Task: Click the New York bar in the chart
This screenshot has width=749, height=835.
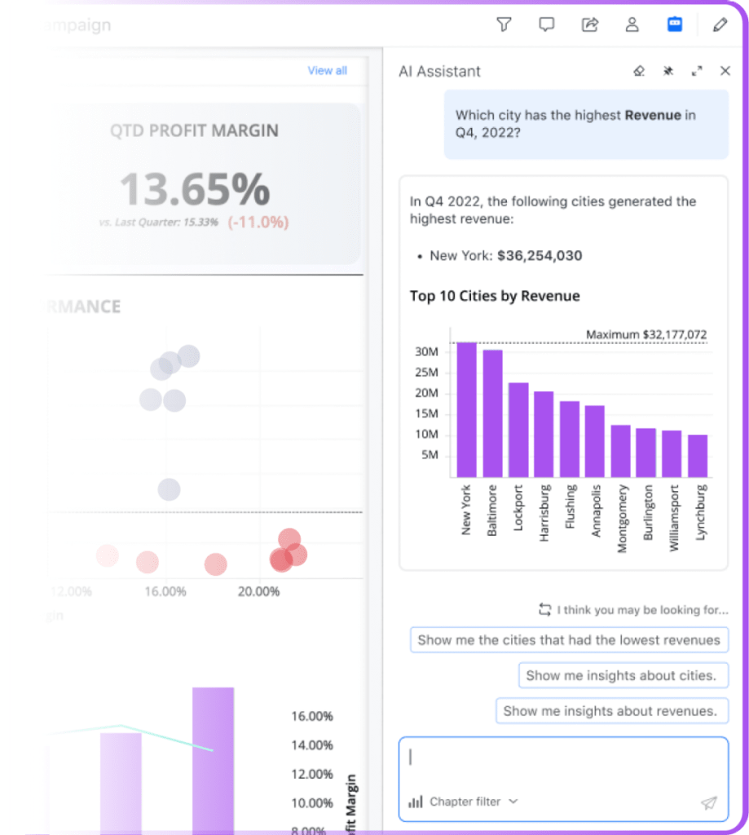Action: [x=467, y=409]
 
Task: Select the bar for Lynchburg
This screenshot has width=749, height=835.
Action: [x=698, y=456]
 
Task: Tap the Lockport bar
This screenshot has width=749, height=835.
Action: [x=518, y=430]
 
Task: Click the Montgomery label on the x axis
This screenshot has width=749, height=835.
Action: [x=623, y=519]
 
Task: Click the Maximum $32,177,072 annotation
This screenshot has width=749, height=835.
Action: [x=646, y=334]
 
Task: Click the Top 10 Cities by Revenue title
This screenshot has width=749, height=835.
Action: [x=495, y=296]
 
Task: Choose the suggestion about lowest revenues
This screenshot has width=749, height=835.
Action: [x=569, y=640]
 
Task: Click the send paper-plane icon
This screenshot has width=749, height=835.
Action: [x=708, y=803]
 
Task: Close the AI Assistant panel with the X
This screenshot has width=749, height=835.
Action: [x=725, y=71]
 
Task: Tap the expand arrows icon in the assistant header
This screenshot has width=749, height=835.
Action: [x=697, y=71]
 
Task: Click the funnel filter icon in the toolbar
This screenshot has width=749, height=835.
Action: [x=504, y=24]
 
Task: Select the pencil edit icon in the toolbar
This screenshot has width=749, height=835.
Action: [x=720, y=24]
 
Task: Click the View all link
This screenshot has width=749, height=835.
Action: [x=327, y=71]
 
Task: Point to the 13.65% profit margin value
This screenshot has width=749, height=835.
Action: [x=195, y=189]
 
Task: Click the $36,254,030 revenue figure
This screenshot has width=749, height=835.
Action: [x=539, y=256]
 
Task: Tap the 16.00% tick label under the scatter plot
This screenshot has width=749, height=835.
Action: [x=165, y=591]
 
